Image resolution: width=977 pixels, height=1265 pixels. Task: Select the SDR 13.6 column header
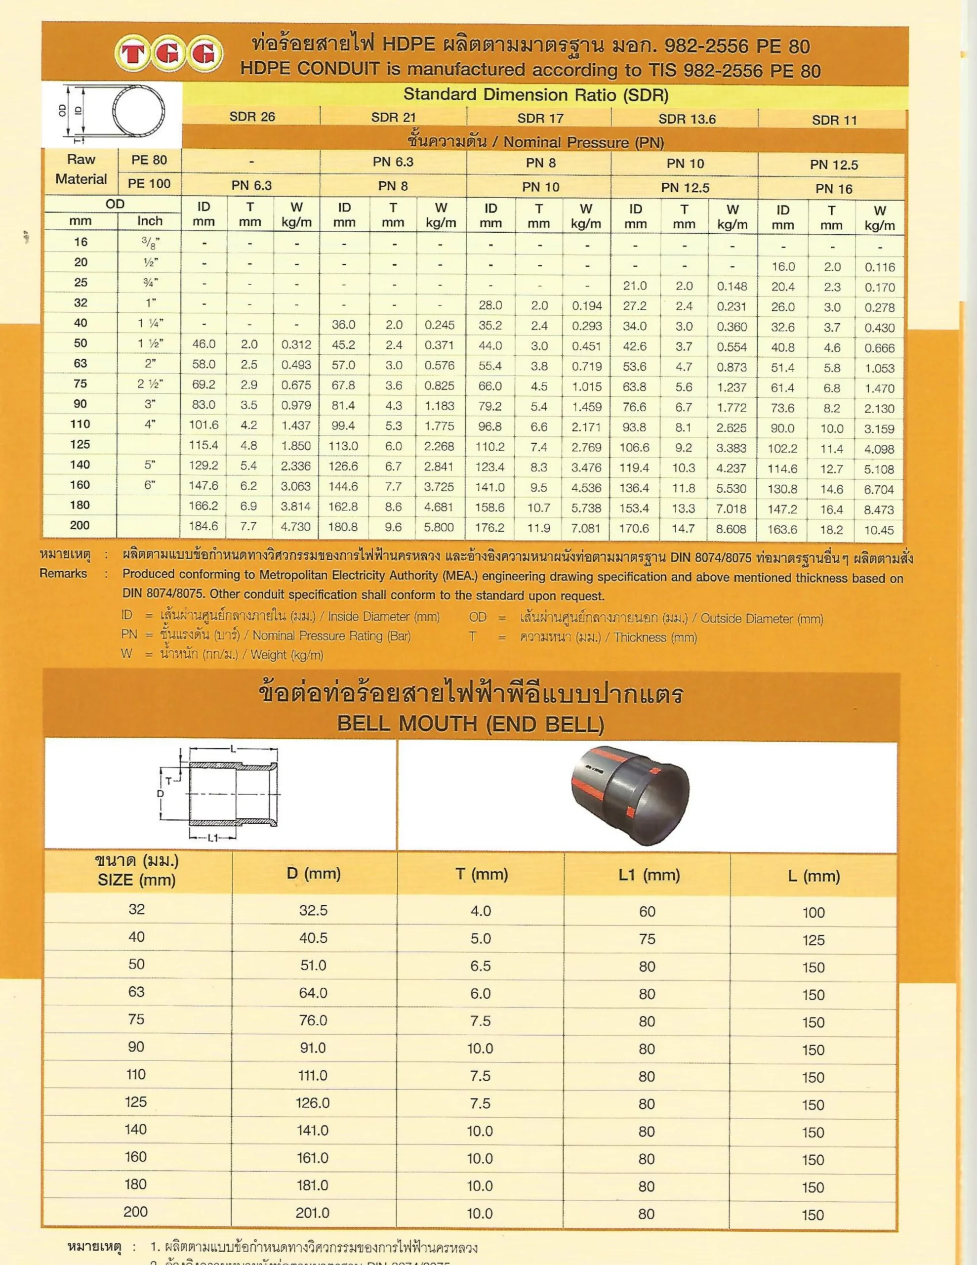point(687,119)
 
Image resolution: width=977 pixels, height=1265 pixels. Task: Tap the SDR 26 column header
point(252,117)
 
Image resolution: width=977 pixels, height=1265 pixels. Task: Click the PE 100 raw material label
point(149,184)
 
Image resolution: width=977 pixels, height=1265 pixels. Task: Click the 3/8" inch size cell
point(150,242)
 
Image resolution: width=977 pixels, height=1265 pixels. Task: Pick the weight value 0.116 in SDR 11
point(880,267)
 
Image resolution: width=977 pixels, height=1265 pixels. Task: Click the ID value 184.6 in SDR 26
point(204,526)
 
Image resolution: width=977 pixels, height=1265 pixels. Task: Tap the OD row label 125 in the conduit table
point(80,444)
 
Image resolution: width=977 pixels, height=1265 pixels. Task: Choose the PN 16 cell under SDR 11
point(833,189)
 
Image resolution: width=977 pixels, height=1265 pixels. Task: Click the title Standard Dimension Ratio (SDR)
point(536,94)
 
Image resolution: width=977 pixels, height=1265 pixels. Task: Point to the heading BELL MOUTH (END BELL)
point(470,723)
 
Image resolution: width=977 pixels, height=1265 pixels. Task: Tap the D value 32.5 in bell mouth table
point(313,910)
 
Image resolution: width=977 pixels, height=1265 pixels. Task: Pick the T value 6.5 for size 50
point(480,966)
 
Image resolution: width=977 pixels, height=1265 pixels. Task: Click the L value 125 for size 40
point(813,939)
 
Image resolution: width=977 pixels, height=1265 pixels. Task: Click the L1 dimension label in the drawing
point(212,838)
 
